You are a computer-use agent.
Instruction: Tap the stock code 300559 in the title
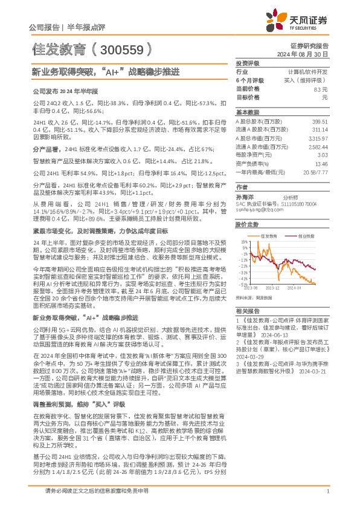[126, 48]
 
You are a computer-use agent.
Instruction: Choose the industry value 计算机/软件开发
[308, 71]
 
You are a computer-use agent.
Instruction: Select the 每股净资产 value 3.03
[322, 155]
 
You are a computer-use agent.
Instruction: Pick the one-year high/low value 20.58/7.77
[315, 172]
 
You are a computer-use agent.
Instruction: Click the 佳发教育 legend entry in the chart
[269, 236]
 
